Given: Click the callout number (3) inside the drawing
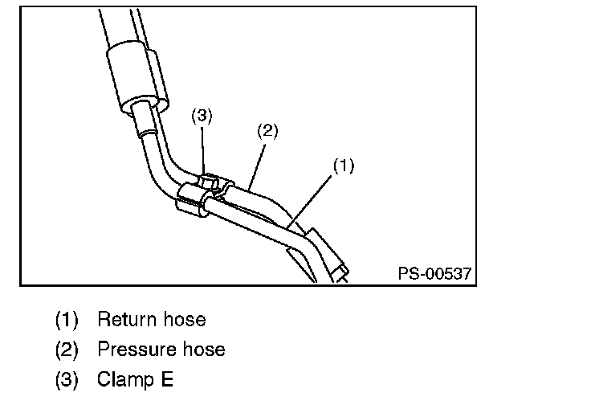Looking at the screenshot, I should click(x=201, y=115).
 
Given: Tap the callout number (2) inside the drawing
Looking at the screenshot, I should click(x=267, y=131).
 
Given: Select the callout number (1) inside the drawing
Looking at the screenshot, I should click(x=344, y=166).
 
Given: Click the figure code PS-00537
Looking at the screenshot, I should click(x=434, y=273).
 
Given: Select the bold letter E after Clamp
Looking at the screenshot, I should click(x=167, y=379).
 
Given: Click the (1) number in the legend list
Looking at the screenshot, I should click(x=67, y=320).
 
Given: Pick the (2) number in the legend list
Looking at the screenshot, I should click(x=67, y=350).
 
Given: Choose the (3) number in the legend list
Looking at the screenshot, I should click(x=67, y=379).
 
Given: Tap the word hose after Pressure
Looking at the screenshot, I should click(x=203, y=350).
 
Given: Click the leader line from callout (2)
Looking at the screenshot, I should click(x=257, y=161).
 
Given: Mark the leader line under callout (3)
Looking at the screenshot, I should click(x=202, y=149).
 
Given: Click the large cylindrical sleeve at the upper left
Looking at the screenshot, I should click(x=137, y=78).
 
